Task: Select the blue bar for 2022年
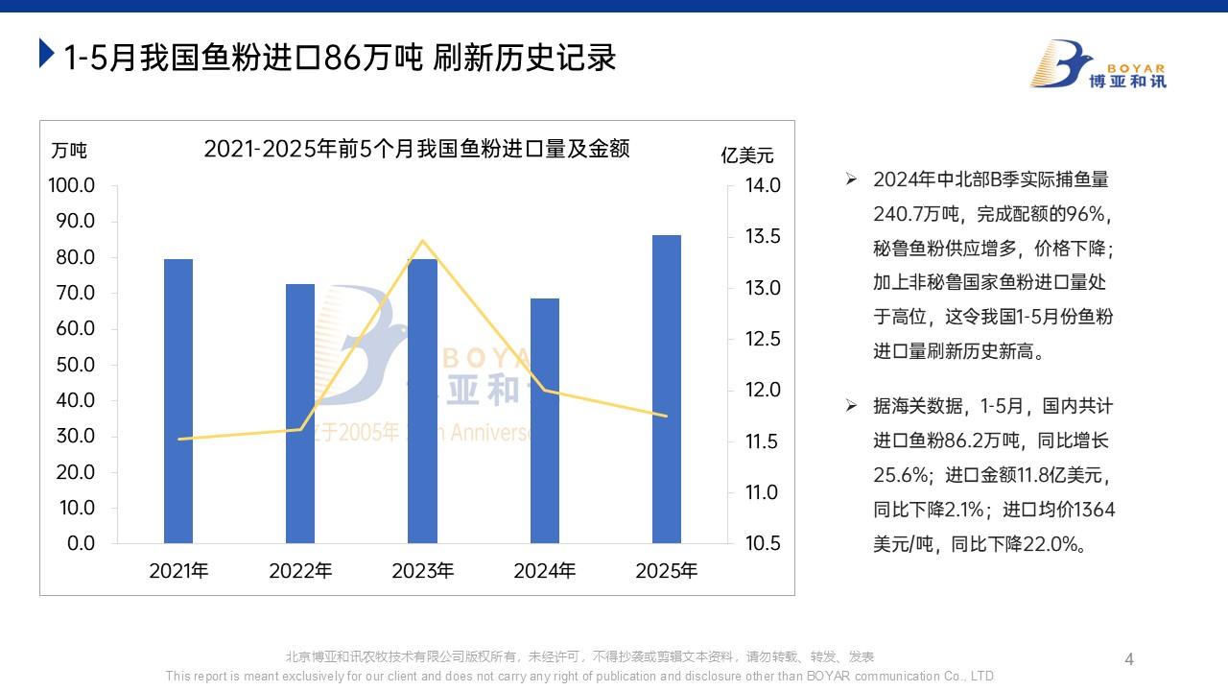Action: coord(300,414)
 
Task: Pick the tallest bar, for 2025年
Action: coord(667,389)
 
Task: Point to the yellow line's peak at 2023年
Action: coord(423,241)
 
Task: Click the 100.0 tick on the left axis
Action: coord(72,185)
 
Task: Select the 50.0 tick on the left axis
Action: coord(72,365)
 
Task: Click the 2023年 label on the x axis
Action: coord(423,571)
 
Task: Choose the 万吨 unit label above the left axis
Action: coord(69,151)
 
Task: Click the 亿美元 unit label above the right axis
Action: coord(747,155)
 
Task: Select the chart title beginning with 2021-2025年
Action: coord(416,149)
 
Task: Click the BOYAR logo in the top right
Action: coord(1098,65)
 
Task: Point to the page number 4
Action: coord(1129,659)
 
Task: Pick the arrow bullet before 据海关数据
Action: coord(851,406)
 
